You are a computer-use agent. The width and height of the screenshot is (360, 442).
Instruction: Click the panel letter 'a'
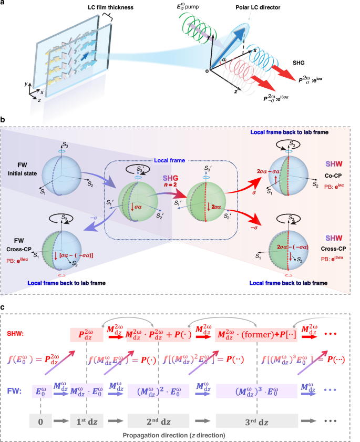(4, 4)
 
